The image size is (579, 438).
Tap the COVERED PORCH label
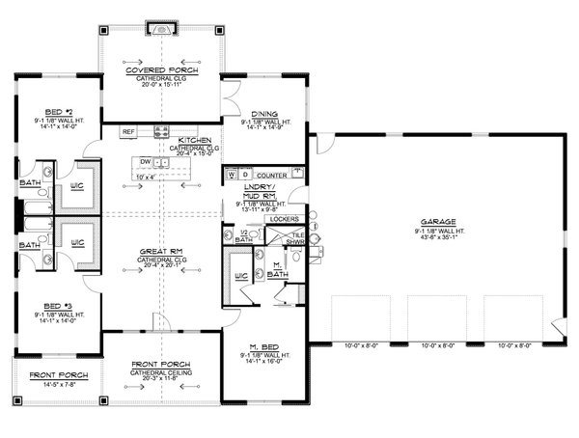click(x=162, y=70)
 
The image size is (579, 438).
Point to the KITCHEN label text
click(x=197, y=140)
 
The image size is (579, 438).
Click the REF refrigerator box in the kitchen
click(x=128, y=131)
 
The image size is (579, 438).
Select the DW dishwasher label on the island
click(x=145, y=162)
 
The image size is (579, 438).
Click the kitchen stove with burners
click(x=162, y=131)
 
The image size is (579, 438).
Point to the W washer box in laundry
click(x=232, y=175)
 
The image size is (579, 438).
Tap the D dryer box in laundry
click(x=245, y=175)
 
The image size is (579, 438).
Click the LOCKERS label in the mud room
click(x=257, y=219)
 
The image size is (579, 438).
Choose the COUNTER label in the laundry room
click(x=274, y=175)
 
